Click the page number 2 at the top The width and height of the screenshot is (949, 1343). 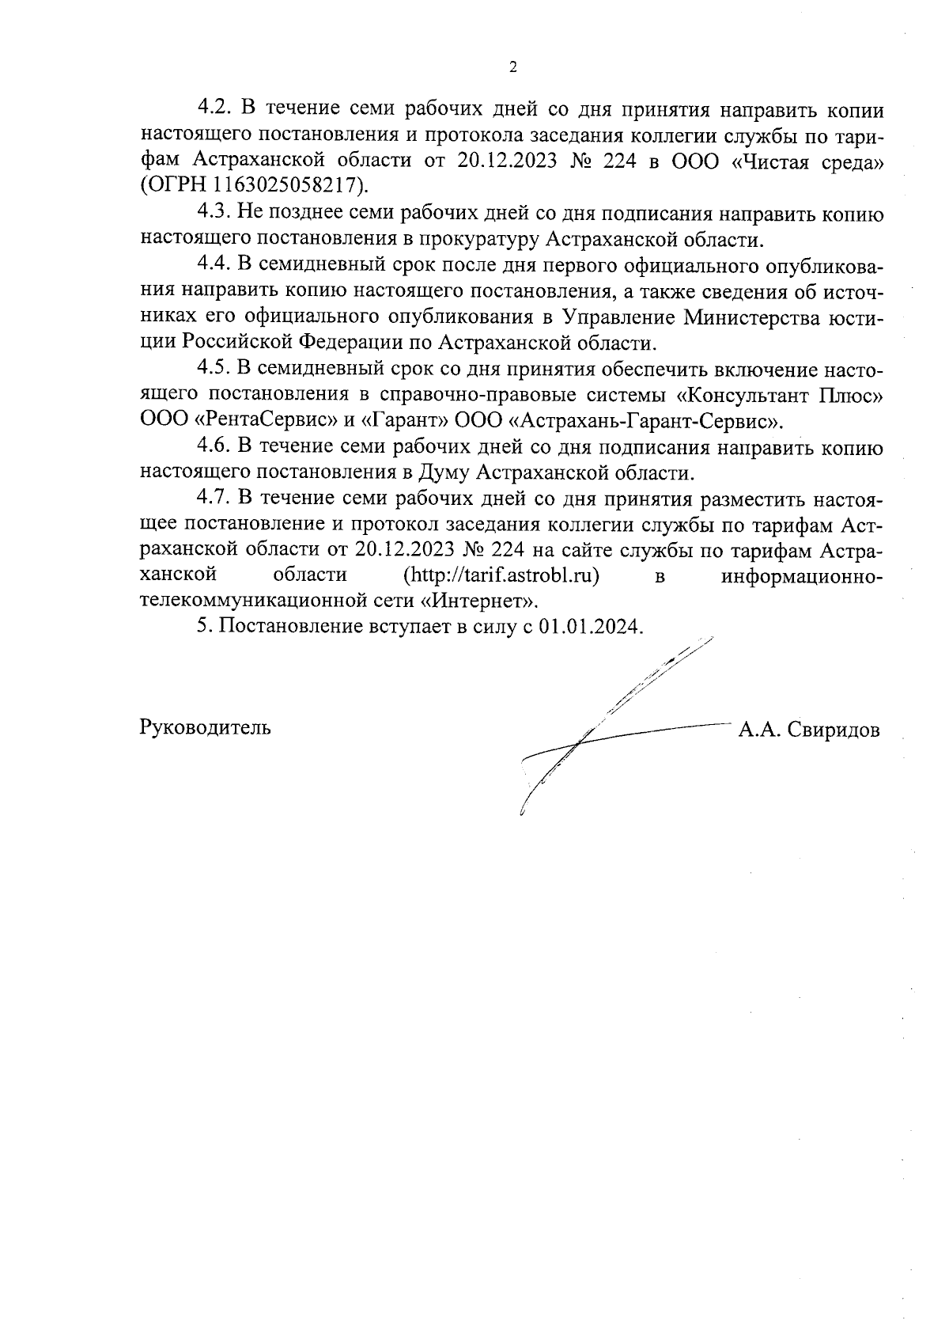(x=512, y=67)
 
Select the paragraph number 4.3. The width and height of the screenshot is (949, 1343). (x=213, y=214)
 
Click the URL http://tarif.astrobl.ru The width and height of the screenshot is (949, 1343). (x=501, y=575)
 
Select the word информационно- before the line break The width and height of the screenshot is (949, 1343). (x=803, y=575)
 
